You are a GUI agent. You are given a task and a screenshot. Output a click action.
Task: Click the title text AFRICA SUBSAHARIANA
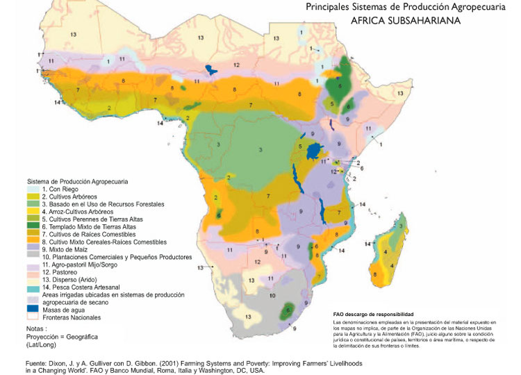click(401, 21)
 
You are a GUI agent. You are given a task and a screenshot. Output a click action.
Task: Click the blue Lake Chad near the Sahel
click(210, 69)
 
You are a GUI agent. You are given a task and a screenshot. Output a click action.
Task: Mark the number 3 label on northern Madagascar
click(403, 225)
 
